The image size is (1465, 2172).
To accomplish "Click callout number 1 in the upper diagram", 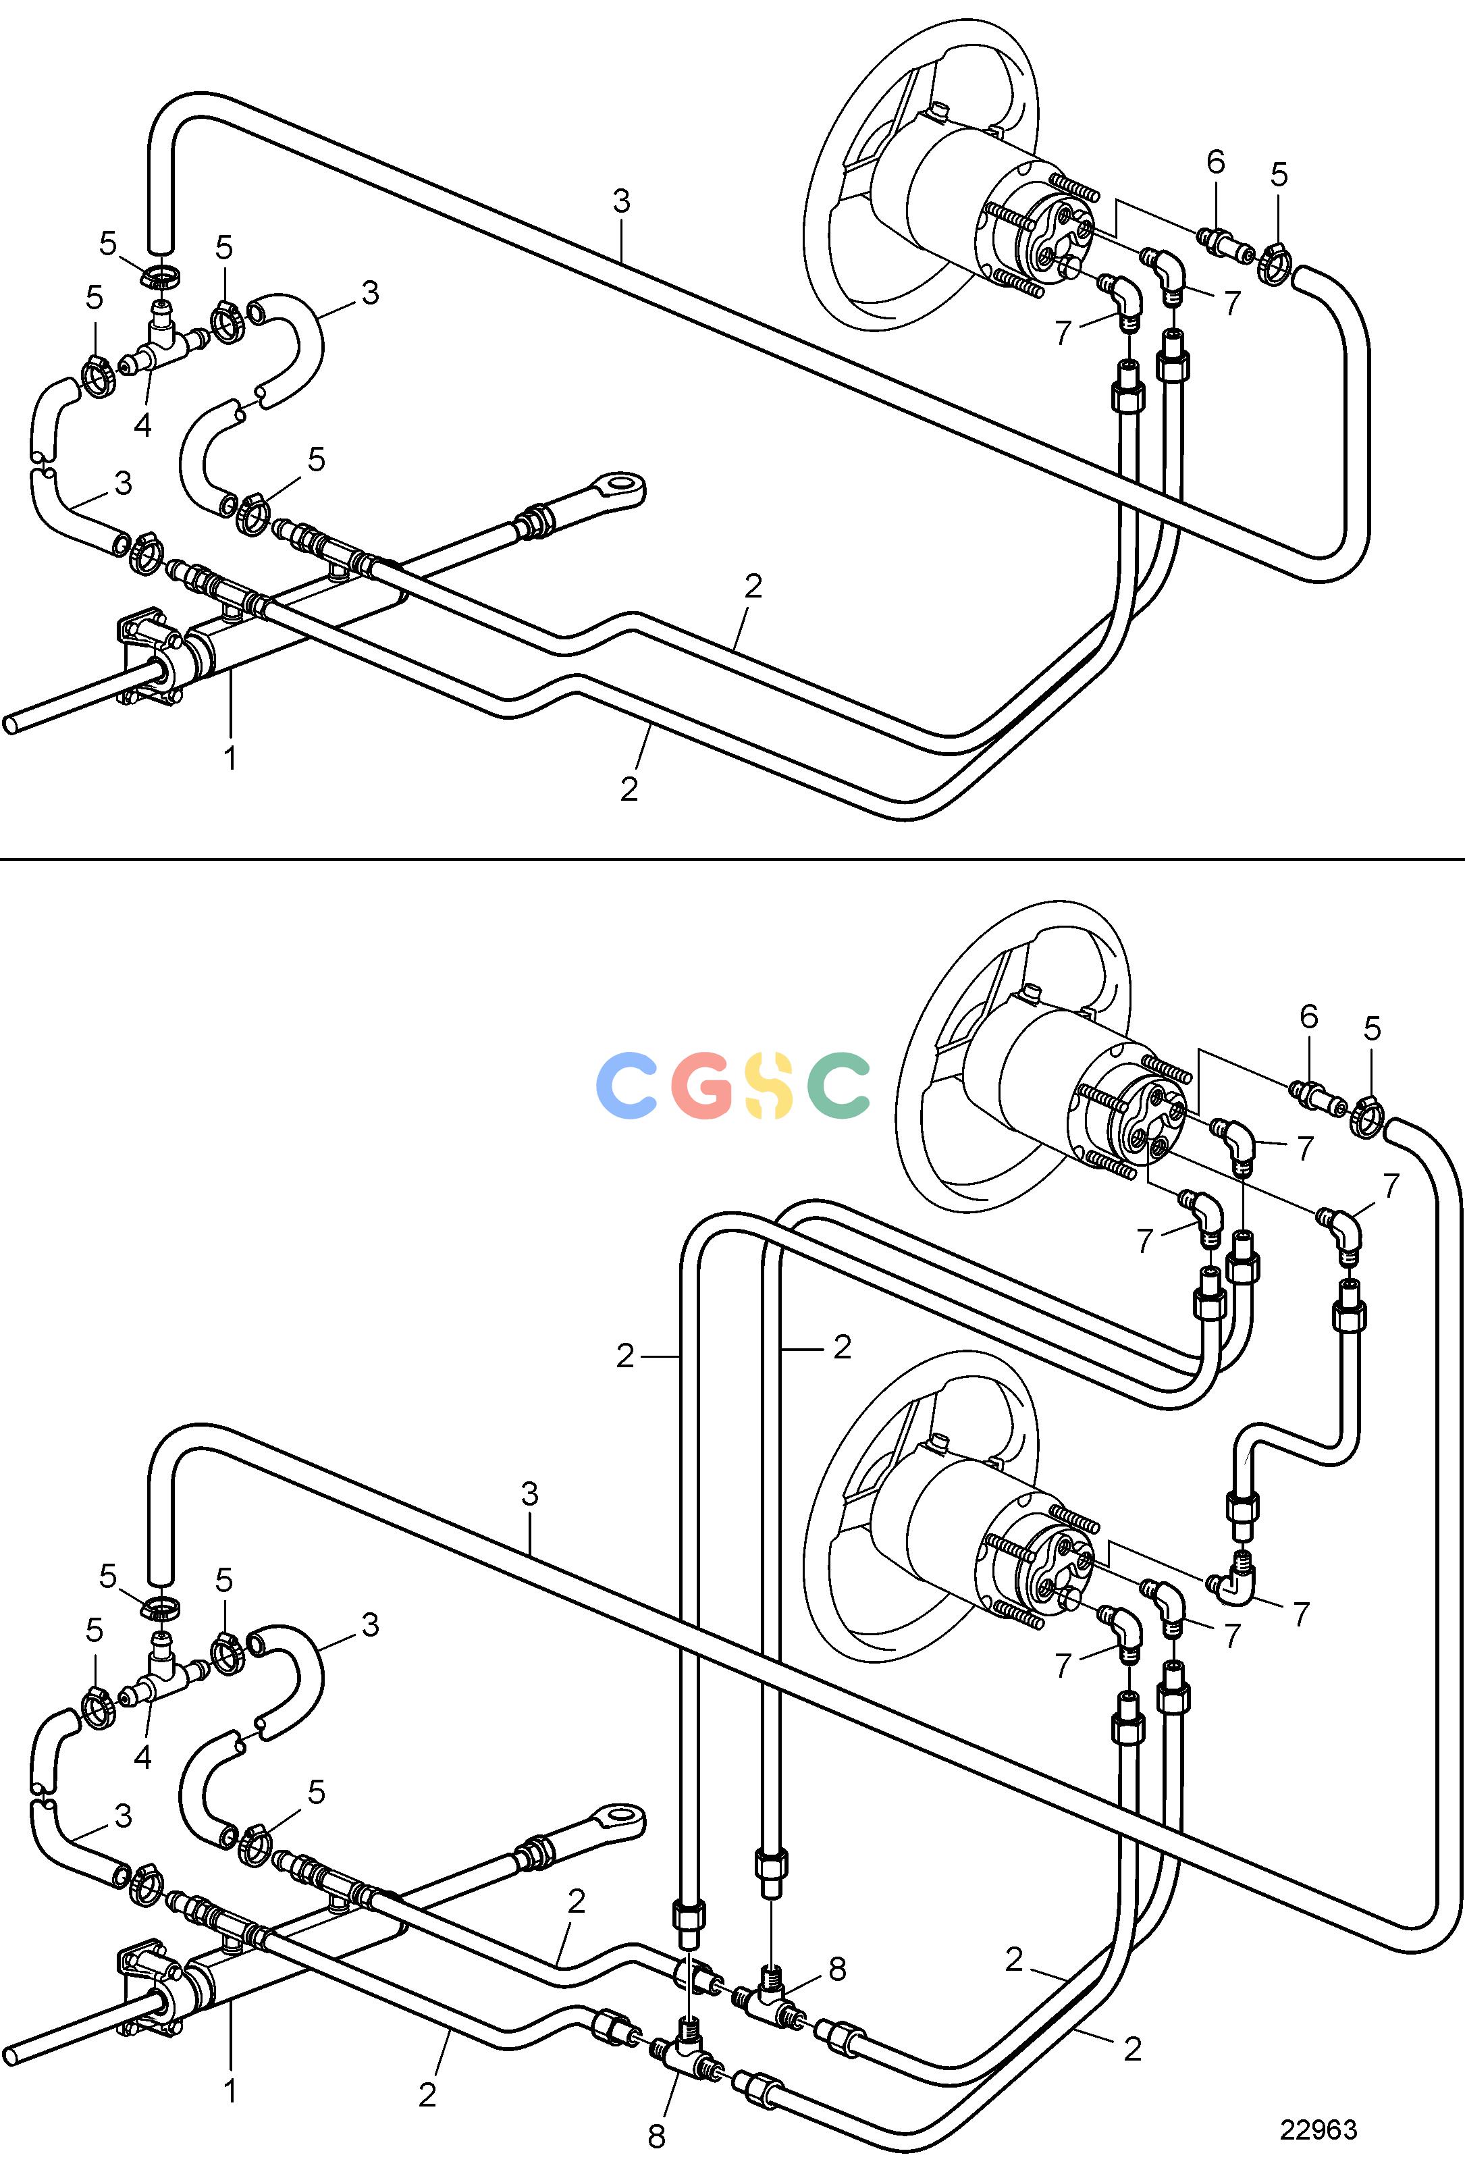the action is pyautogui.click(x=230, y=757).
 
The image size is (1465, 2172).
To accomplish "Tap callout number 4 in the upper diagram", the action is pyautogui.click(x=142, y=425).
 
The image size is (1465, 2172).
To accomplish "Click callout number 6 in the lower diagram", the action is pyautogui.click(x=1308, y=1015).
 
